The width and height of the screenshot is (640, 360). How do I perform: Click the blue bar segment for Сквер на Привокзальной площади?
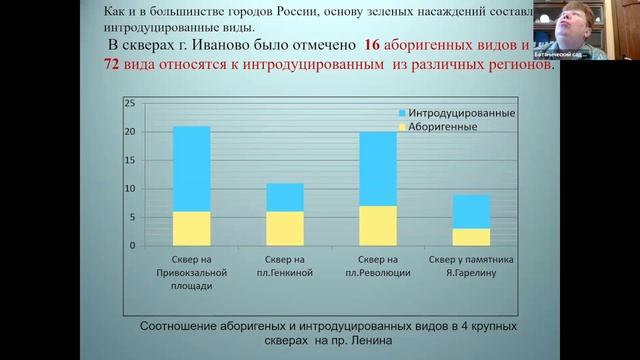[x=191, y=168]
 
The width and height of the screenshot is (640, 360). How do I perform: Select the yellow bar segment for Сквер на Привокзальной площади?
[x=191, y=228]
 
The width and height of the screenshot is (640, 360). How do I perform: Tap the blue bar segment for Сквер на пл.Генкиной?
[x=284, y=197]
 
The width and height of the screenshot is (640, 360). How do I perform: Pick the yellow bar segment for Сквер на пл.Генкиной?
[x=284, y=228]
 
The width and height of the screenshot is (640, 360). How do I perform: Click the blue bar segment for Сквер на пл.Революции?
[x=378, y=168]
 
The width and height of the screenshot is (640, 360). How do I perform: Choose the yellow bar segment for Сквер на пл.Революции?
[x=378, y=225]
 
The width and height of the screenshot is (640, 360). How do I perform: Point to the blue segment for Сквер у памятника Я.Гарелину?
[x=471, y=211]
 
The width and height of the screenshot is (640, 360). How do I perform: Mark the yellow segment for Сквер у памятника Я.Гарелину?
[x=471, y=237]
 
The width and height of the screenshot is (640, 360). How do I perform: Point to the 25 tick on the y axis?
[x=129, y=103]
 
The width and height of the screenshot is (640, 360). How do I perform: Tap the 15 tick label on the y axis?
[x=129, y=160]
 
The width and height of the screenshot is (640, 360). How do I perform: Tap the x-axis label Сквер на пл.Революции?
[x=378, y=267]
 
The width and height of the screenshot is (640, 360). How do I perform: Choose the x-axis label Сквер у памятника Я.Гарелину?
[x=471, y=267]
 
